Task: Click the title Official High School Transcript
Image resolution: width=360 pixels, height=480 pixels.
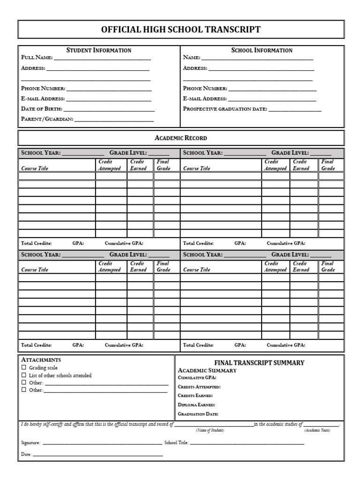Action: point(180,30)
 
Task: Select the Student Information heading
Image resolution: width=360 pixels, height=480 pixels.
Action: point(99,50)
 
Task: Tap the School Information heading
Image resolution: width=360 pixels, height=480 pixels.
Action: point(262,50)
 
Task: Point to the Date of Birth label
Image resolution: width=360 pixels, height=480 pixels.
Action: point(41,109)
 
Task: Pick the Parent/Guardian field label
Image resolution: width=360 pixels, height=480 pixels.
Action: point(47,119)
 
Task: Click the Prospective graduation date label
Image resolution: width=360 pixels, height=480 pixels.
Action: point(225,109)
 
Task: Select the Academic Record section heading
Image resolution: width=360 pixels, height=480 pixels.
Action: point(180,138)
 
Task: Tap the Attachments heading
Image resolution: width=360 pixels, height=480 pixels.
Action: point(41,360)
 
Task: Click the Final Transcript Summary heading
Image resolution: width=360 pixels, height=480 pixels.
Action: point(259,363)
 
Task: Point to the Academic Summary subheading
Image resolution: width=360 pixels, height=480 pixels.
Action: point(207,370)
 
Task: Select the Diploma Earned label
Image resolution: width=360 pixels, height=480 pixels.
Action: point(196,405)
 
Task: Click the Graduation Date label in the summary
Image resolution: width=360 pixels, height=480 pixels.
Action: point(198,414)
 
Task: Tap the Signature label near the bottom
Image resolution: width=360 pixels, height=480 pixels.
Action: point(31,442)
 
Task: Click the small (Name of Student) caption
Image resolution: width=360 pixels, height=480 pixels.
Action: point(210,430)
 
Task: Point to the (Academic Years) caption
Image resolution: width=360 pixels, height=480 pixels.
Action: point(317,430)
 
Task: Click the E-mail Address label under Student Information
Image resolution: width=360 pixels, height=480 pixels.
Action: point(43,99)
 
